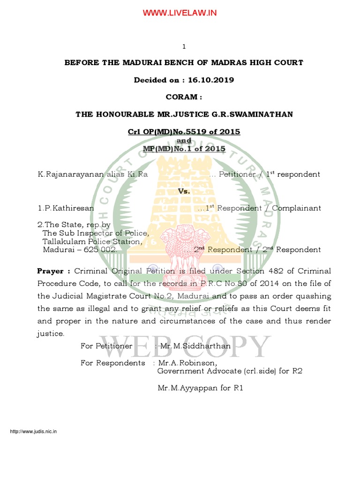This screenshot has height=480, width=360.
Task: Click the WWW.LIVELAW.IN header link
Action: (180, 13)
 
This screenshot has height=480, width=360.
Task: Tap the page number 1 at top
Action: (184, 46)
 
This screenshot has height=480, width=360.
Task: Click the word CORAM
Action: (184, 97)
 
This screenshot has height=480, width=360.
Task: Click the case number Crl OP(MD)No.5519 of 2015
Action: (184, 132)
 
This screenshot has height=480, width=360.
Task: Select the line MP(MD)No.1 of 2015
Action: (184, 149)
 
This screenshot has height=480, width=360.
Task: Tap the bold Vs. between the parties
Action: (184, 191)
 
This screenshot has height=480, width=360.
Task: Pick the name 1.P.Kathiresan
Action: (66, 208)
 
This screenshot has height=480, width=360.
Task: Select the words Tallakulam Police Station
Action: (92, 241)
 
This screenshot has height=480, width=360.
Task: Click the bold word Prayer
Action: (53, 271)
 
